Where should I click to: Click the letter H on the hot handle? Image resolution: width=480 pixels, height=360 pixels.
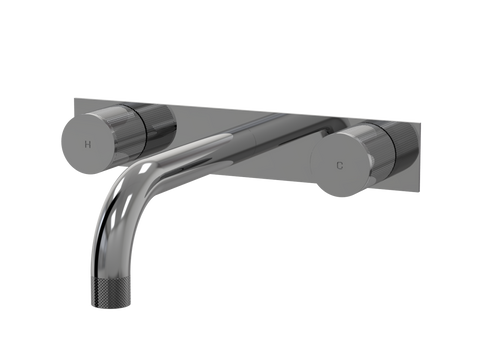(87, 144)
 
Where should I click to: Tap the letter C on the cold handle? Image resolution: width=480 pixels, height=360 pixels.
(339, 165)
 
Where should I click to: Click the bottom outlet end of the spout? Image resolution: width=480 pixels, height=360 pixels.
(107, 306)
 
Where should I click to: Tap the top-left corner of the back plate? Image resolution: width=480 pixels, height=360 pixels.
(74, 98)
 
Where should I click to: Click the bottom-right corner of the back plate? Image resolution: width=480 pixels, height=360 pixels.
(419, 191)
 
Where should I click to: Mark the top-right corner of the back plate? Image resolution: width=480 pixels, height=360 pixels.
(420, 124)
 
